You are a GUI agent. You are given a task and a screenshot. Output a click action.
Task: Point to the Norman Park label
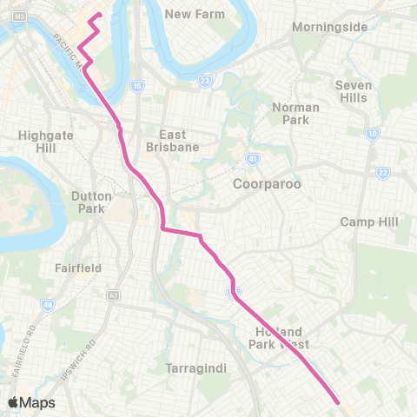coord(296,113)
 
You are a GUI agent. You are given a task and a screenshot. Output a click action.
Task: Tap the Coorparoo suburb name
coord(260,184)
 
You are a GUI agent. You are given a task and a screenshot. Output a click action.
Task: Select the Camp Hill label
coord(368,222)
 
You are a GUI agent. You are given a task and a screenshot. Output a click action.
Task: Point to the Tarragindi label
coord(195,368)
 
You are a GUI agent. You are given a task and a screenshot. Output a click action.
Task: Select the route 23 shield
coord(204,82)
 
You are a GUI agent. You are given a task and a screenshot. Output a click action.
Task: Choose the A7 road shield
coord(112,295)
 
